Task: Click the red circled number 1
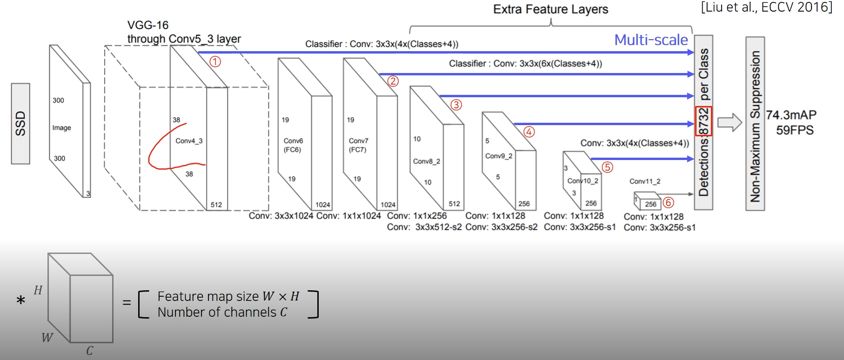[215, 61]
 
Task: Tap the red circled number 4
[529, 132]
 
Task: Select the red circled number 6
[668, 203]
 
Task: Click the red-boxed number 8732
[703, 121]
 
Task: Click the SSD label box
[20, 124]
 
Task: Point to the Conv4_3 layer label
[189, 141]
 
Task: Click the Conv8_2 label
[426, 161]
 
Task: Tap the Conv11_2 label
[645, 181]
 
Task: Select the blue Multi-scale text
[651, 40]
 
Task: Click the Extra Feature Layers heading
[550, 9]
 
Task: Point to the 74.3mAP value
[791, 115]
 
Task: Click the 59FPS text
[795, 130]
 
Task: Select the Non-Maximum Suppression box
[755, 124]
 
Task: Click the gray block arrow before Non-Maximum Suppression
[729, 123]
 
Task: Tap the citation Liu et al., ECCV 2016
[766, 7]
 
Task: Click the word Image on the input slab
[61, 128]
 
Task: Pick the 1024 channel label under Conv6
[322, 205]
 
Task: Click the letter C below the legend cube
[90, 351]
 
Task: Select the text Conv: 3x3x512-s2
[424, 227]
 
